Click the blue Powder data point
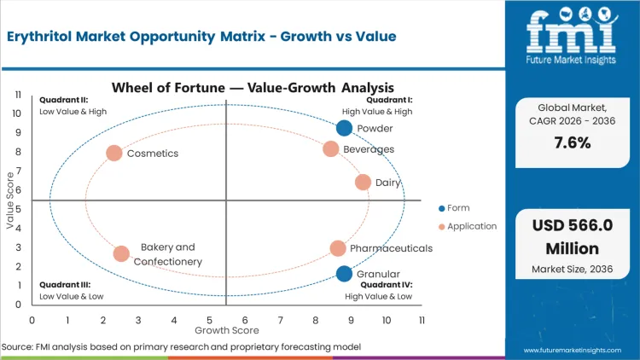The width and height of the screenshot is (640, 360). tap(344, 128)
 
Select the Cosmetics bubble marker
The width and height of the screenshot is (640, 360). tap(113, 154)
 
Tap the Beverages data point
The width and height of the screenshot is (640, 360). tap(331, 149)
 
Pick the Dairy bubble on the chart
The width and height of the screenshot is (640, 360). tap(363, 183)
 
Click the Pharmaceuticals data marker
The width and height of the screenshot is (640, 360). tap(338, 248)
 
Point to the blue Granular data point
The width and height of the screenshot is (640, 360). tap(344, 274)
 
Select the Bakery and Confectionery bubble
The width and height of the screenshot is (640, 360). tap(121, 253)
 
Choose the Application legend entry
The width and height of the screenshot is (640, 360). tap(468, 226)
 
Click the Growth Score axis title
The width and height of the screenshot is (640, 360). tap(226, 329)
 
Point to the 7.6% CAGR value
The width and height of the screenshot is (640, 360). tap(571, 143)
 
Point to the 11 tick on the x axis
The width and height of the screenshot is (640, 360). tap(422, 320)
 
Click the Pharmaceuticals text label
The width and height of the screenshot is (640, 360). tap(391, 248)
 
